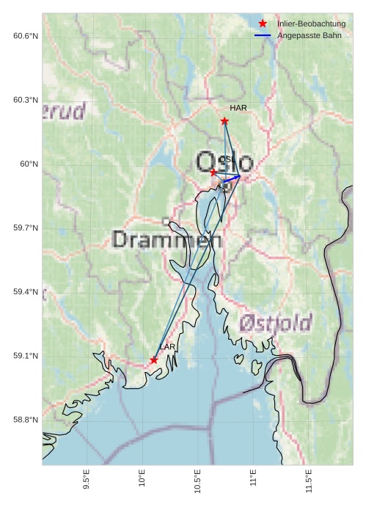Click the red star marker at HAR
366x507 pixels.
(x=224, y=121)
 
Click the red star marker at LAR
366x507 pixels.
(x=153, y=360)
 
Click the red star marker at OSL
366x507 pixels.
(x=213, y=172)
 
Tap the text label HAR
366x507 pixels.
(x=238, y=108)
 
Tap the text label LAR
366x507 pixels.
(x=167, y=346)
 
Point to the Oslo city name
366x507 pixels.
(x=224, y=162)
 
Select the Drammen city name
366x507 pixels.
(x=167, y=240)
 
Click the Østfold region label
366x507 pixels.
(x=275, y=322)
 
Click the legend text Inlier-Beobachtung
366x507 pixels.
(x=311, y=23)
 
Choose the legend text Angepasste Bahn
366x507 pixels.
(x=309, y=35)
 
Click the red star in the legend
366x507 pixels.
(x=263, y=23)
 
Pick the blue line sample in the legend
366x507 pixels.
(x=263, y=35)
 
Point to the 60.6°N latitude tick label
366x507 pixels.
(x=25, y=36)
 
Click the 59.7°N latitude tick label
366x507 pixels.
(x=25, y=228)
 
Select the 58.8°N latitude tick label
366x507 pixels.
(x=25, y=420)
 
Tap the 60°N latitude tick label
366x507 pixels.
(x=29, y=164)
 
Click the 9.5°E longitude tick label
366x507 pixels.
(x=87, y=481)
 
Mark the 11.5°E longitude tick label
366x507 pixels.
(x=309, y=481)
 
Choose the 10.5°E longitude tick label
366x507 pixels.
(x=197, y=481)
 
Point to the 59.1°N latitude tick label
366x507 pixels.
(x=25, y=356)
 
